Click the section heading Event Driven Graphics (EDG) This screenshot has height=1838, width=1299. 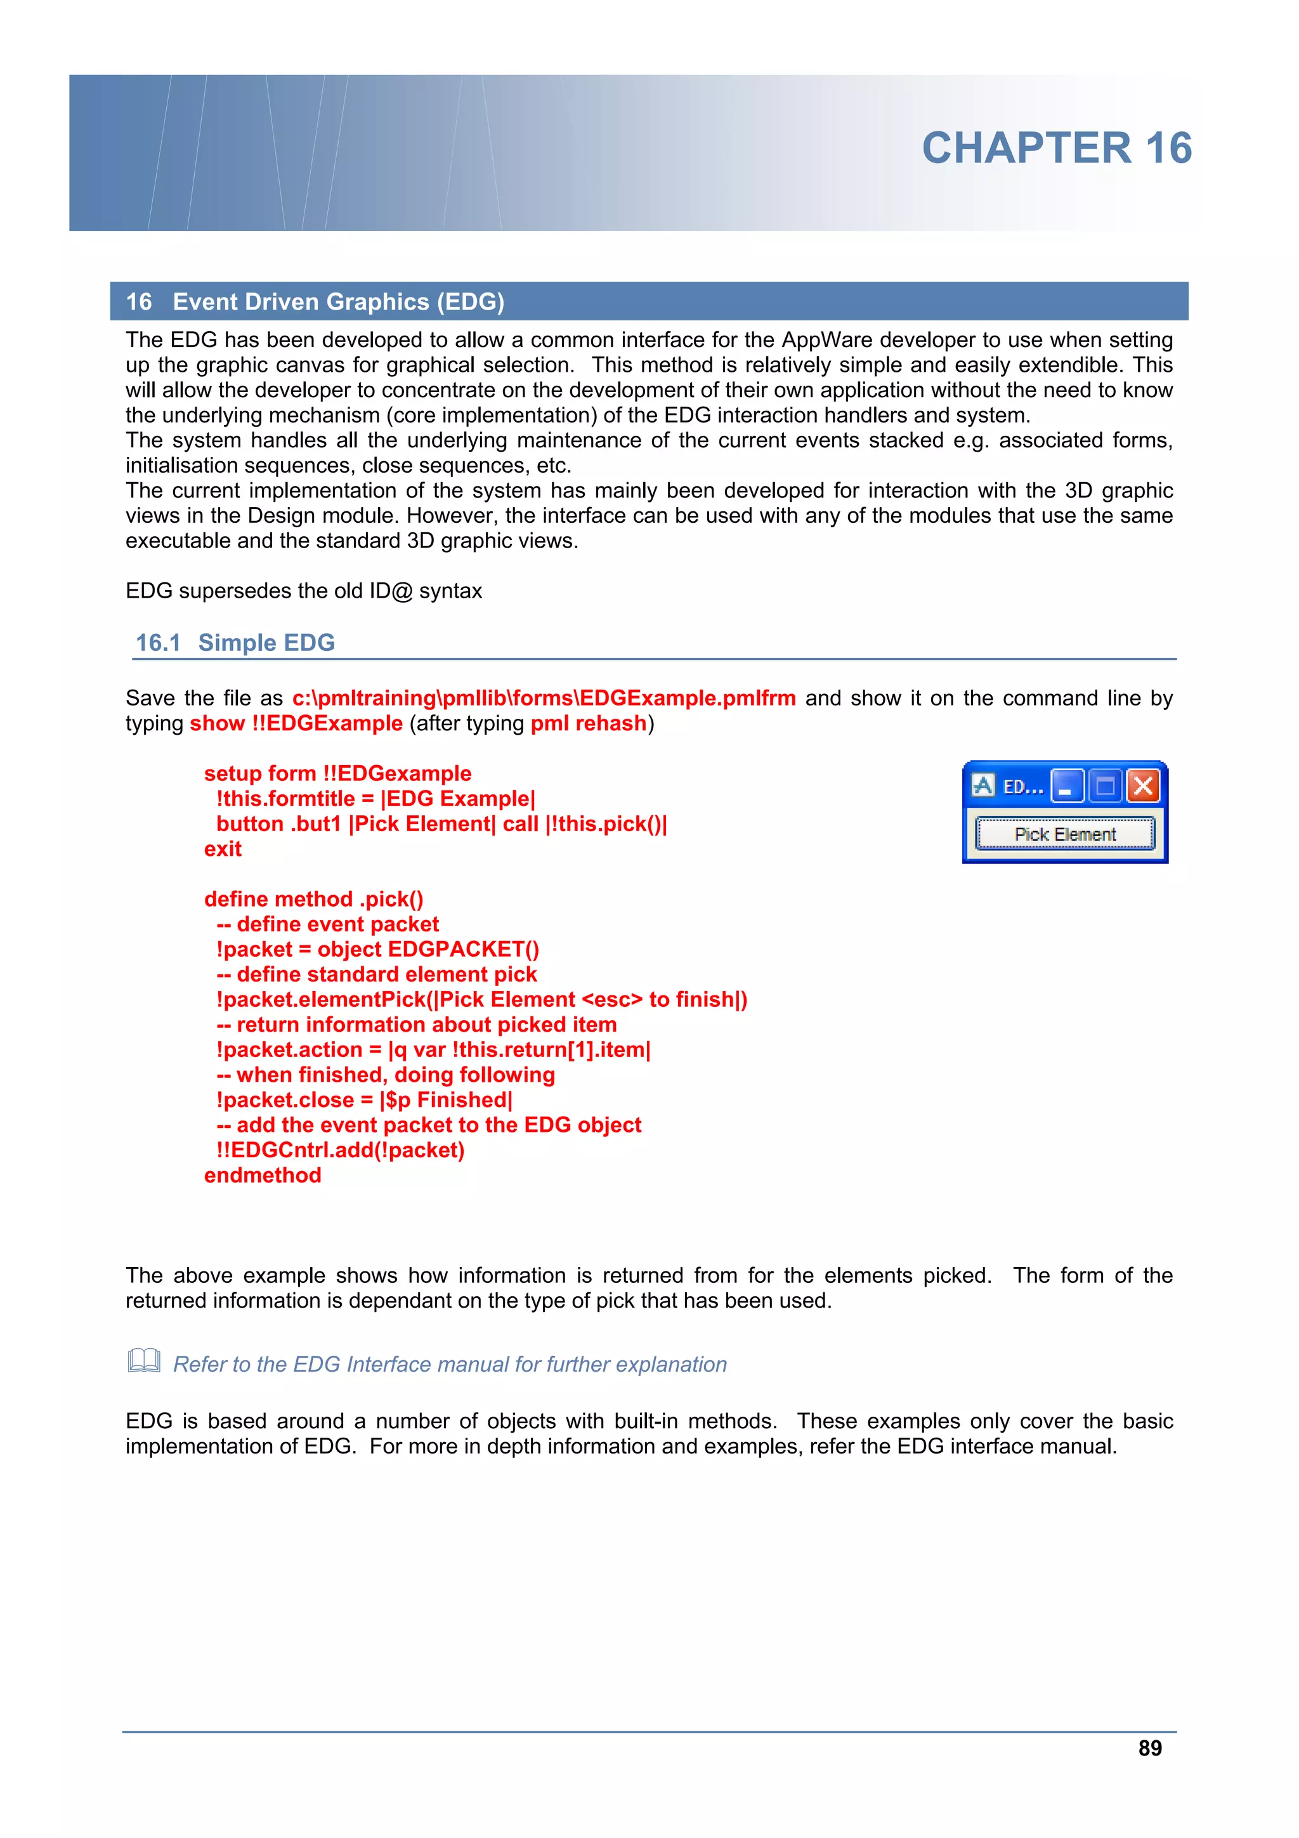coord(338,302)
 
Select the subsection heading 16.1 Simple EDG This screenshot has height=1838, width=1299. coord(235,643)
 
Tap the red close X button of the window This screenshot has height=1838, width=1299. coord(1143,786)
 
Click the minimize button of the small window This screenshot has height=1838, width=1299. coord(1067,786)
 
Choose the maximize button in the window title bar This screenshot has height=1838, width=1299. coord(1106,786)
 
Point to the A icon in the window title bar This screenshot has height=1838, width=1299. coord(983,786)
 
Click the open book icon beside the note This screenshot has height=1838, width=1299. coord(144,1361)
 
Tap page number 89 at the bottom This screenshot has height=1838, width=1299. coord(1149,1749)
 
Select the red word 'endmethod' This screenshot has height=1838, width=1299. coord(263,1175)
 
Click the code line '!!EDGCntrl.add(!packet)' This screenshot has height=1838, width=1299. coord(339,1150)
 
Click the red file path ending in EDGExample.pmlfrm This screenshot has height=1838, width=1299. coord(544,698)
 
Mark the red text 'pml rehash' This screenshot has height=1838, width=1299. coord(588,724)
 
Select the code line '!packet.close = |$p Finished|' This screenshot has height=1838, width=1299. coord(364,1100)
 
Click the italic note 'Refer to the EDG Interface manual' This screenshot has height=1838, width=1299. coord(449,1364)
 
